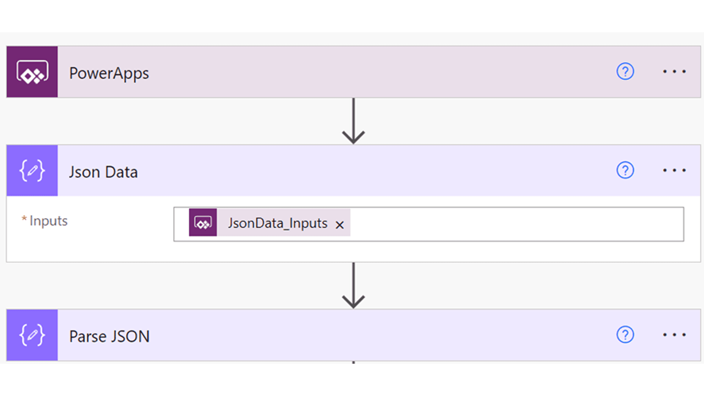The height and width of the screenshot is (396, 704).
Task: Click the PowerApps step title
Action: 109,73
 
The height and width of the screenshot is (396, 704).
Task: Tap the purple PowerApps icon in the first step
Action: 32,72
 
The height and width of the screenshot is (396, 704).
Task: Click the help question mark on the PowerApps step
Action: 625,71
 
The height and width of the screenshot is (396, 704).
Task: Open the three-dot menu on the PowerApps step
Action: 674,71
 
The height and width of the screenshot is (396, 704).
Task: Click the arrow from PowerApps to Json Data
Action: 353,121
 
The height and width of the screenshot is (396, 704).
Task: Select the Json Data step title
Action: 103,172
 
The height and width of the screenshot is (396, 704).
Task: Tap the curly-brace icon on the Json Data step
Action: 32,170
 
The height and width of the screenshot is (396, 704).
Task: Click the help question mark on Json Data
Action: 625,170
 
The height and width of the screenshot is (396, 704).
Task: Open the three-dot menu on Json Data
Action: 674,170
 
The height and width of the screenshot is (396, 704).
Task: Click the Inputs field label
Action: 48,221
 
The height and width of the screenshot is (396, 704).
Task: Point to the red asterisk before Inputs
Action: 24,219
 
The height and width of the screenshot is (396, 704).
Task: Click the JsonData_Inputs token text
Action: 278,223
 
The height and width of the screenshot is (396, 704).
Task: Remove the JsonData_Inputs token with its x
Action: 340,225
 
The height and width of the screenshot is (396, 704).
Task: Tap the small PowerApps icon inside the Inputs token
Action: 203,223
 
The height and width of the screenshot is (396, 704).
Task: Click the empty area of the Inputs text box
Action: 513,224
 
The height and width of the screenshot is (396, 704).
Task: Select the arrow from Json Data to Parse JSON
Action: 353,286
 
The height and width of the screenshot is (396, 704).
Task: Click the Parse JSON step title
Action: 109,336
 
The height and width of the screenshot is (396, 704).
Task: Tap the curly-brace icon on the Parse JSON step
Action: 32,335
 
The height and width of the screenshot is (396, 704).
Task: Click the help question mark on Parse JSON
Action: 625,335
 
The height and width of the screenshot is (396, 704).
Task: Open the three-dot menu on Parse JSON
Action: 674,335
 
